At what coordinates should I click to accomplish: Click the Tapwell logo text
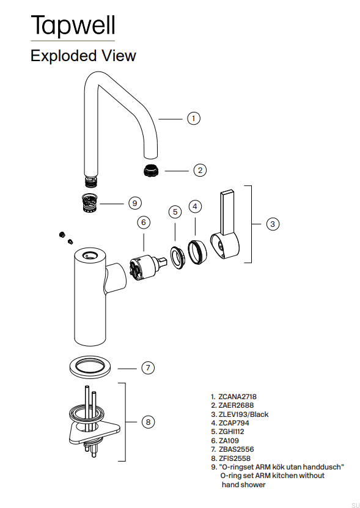point(72,25)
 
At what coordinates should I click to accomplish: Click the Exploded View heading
point(83,56)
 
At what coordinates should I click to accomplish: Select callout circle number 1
point(194,119)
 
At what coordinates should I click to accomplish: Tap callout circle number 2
point(200,171)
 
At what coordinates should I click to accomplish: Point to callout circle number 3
point(273,224)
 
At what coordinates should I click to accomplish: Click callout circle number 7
point(147,368)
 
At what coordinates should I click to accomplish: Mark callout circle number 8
point(147,422)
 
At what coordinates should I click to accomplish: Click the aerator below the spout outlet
point(152,170)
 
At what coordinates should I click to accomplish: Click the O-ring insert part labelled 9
point(90,201)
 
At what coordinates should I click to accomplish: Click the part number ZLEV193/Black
point(243,414)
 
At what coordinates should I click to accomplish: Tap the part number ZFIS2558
point(234,458)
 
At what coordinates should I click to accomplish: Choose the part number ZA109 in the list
point(230,440)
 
